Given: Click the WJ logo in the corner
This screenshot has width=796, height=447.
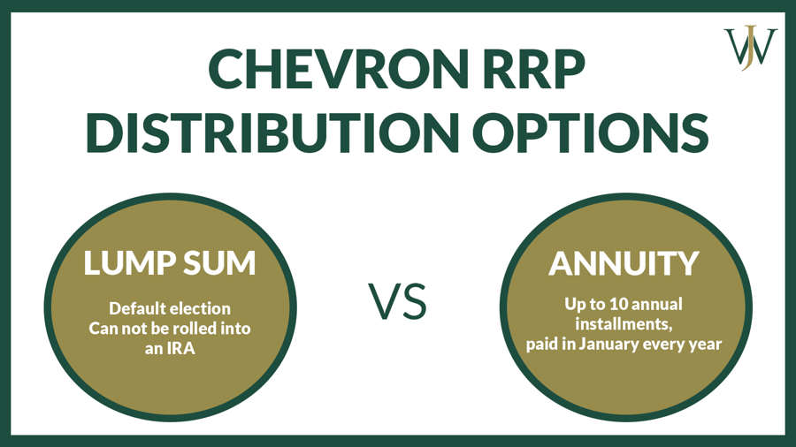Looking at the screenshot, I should tap(751, 47).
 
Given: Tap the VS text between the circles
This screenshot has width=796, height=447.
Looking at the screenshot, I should tap(398, 301).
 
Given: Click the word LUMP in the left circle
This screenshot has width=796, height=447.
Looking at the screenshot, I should tap(127, 262).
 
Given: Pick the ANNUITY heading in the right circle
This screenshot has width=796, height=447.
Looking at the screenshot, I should tap(624, 262).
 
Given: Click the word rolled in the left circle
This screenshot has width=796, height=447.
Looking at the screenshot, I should tap(188, 328).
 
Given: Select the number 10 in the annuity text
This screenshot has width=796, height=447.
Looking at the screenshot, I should tap(614, 304).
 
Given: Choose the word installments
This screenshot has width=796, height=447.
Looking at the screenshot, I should tap(623, 323).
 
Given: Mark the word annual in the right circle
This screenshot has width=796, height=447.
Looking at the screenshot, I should tap(656, 304).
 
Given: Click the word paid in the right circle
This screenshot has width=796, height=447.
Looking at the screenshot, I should tap(544, 343).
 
